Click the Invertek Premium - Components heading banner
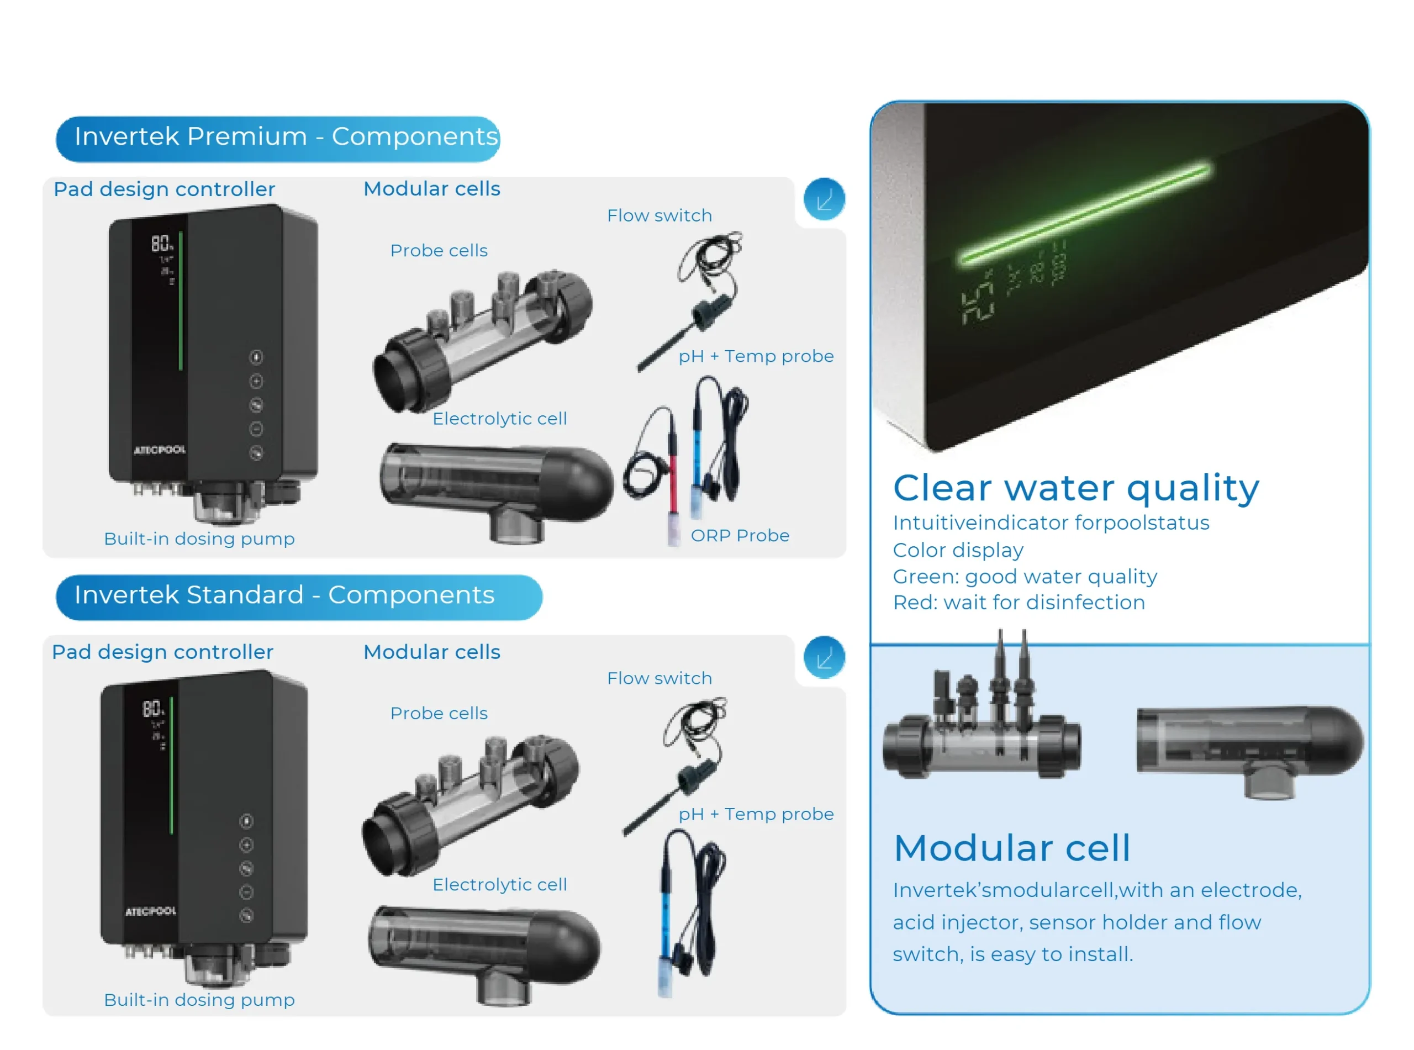(278, 138)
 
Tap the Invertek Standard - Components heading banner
(298, 595)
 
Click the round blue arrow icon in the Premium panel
(824, 199)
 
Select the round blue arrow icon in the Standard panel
(824, 658)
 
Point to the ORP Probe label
(740, 536)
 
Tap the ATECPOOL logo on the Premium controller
(160, 450)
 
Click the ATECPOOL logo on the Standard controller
(151, 911)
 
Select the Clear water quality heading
(1075, 488)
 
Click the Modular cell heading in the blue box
(1012, 848)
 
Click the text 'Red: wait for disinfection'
(1018, 603)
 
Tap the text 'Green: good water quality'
(1025, 577)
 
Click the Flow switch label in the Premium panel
(659, 215)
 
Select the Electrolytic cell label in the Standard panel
(499, 884)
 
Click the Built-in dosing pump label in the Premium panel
(199, 539)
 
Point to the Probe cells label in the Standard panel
(439, 713)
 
